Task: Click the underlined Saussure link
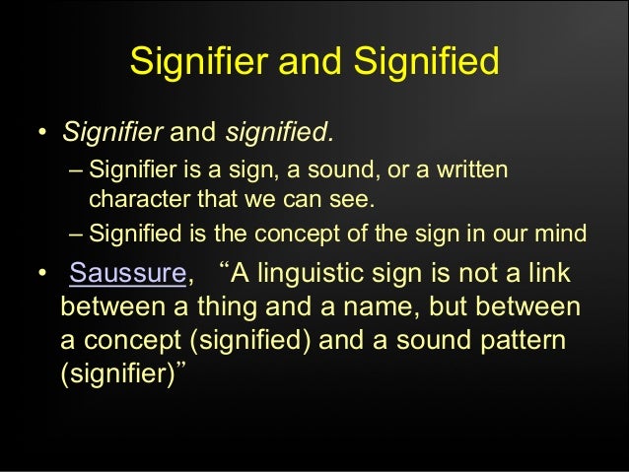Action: pos(126,273)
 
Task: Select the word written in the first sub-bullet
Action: pos(471,171)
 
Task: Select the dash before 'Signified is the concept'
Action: pos(77,235)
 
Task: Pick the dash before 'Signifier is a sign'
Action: pos(77,171)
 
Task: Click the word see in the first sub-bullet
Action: pos(357,200)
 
